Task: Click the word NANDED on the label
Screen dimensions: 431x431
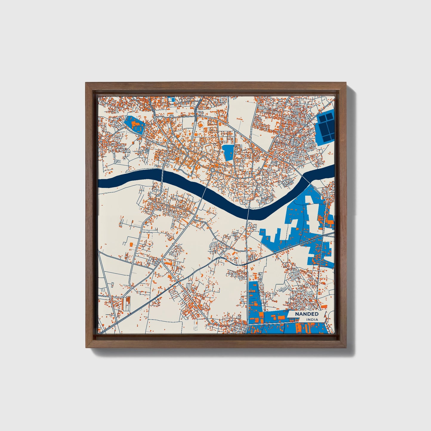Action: [x=307, y=314]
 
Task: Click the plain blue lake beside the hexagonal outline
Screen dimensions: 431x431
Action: [x=228, y=152]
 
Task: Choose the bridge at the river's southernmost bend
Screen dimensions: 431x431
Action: [x=248, y=209]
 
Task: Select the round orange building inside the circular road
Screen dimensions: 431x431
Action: [x=201, y=124]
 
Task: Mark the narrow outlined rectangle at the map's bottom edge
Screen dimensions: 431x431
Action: [x=195, y=325]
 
